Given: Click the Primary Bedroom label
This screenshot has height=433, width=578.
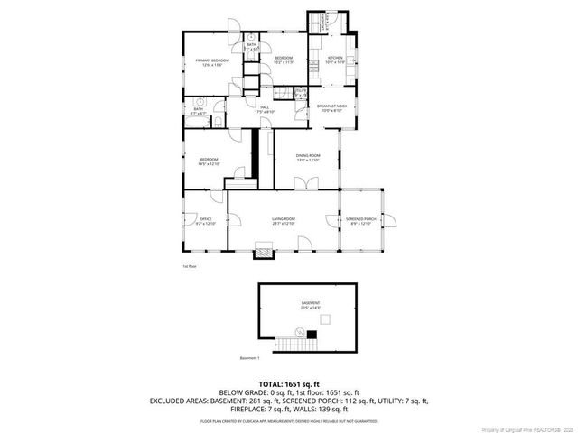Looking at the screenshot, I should (213, 62).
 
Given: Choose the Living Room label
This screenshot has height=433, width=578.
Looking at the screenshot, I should (284, 220).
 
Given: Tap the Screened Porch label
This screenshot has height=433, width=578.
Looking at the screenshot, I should (360, 221).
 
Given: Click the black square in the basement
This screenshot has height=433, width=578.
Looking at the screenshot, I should (312, 335).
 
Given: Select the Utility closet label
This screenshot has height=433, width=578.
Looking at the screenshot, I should (301, 92).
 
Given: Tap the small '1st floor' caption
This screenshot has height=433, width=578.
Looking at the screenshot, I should (189, 266).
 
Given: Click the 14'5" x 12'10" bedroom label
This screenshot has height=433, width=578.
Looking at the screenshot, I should (210, 162).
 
